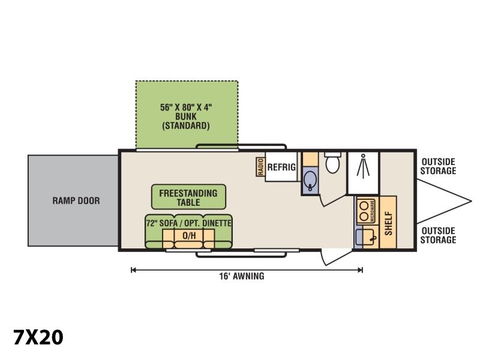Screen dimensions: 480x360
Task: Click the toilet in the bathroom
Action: pyautogui.click(x=332, y=162)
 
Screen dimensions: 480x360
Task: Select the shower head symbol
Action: pyautogui.click(x=363, y=166)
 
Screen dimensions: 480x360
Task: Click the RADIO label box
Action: pyautogui.click(x=260, y=167)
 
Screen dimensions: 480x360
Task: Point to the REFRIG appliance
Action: pyautogui.click(x=281, y=167)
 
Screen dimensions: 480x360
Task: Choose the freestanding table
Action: pyautogui.click(x=188, y=197)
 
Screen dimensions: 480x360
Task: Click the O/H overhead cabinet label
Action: pyautogui.click(x=189, y=235)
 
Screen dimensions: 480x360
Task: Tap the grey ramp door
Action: pyautogui.click(x=73, y=200)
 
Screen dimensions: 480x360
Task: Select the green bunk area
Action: pyautogui.click(x=187, y=115)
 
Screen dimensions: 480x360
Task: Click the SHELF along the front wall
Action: pyautogui.click(x=388, y=222)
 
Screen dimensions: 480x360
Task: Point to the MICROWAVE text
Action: pyautogui.click(x=373, y=211)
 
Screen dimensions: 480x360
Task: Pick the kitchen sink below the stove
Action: pyautogui.click(x=364, y=237)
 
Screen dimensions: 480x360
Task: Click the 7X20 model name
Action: pyautogui.click(x=38, y=337)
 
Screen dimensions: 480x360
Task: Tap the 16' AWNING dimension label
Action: pyautogui.click(x=242, y=276)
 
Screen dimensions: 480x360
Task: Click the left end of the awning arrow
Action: pyautogui.click(x=131, y=270)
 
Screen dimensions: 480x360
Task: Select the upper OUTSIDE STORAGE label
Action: pyautogui.click(x=438, y=166)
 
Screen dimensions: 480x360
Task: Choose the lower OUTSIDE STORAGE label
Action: pyautogui.click(x=438, y=235)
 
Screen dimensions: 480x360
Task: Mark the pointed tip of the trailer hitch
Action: pyautogui.click(x=471, y=202)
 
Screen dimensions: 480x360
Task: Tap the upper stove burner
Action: pyautogui.click(x=364, y=205)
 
